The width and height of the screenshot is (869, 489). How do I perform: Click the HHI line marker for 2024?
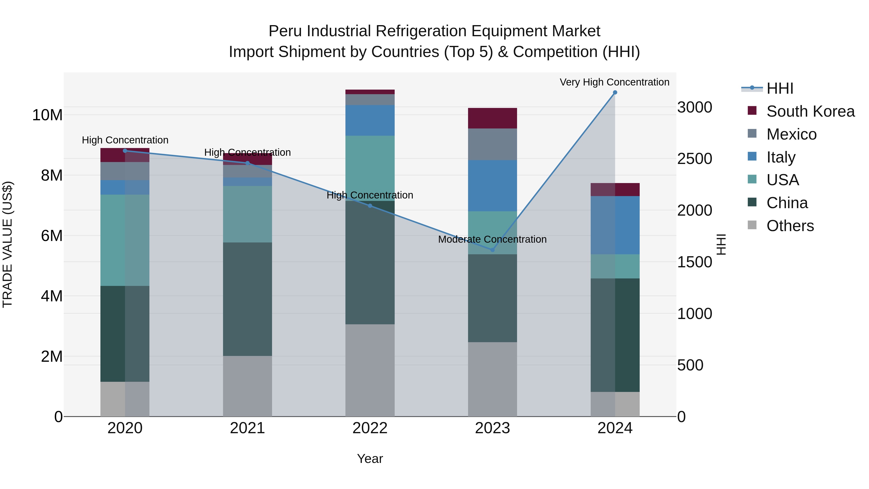[x=615, y=92]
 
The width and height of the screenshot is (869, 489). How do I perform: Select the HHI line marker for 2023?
[x=492, y=250]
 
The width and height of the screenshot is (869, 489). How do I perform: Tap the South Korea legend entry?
[x=810, y=111]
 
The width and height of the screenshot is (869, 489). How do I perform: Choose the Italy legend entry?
[x=781, y=157]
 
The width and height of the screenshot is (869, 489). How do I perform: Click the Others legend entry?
[x=790, y=226]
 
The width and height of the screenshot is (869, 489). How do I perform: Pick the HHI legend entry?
[x=780, y=88]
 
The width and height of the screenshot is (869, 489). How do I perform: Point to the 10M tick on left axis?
[x=47, y=115]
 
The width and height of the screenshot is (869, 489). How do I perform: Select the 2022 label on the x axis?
[x=370, y=428]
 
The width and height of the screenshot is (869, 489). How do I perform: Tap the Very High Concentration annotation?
[x=614, y=82]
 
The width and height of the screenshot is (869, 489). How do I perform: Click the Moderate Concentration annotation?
[x=492, y=239]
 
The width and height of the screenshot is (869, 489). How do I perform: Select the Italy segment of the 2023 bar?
[x=492, y=186]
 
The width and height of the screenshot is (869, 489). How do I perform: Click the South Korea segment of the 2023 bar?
[x=492, y=118]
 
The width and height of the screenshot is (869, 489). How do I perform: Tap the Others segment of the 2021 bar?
[x=247, y=386]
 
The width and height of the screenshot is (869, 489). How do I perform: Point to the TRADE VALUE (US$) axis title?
[x=7, y=244]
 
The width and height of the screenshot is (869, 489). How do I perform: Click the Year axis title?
[x=370, y=459]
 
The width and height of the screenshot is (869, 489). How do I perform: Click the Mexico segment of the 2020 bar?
[x=125, y=171]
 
